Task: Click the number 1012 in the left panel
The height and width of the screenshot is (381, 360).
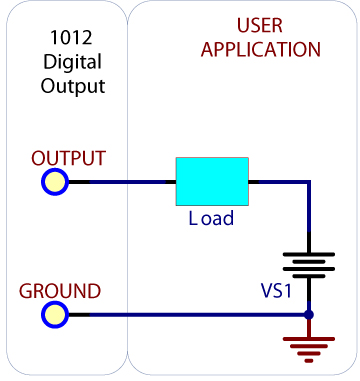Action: [x=67, y=41]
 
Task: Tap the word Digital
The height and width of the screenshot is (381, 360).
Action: [x=67, y=63]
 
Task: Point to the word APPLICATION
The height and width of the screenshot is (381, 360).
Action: [x=261, y=49]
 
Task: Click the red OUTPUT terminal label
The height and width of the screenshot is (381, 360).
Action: [x=68, y=158]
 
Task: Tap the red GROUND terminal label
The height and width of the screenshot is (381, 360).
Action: [x=60, y=291]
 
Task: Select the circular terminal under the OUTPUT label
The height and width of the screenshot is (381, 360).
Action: [x=54, y=182]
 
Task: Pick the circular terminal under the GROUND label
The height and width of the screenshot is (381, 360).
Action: [x=54, y=315]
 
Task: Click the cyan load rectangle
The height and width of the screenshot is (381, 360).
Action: [x=211, y=182]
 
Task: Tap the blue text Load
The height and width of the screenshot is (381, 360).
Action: [x=211, y=218]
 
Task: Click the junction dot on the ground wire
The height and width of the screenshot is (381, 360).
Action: [x=309, y=315]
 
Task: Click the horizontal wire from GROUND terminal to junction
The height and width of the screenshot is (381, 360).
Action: [x=180, y=315]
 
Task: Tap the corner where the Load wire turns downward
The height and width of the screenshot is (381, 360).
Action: [x=309, y=183]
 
